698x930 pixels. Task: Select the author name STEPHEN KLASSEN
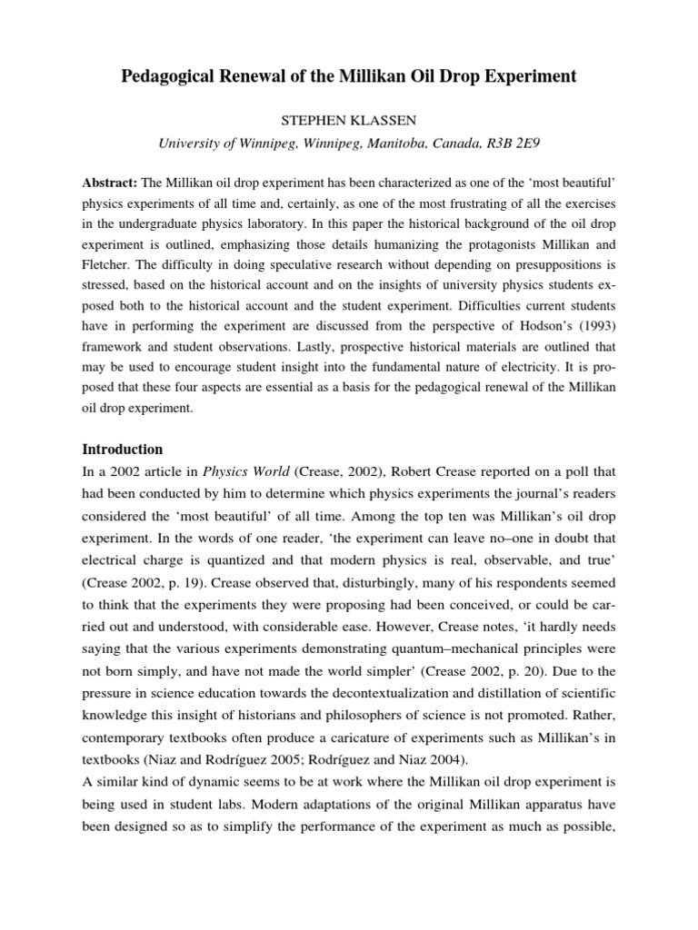[x=348, y=120]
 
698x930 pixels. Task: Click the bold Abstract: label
[x=110, y=183]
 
